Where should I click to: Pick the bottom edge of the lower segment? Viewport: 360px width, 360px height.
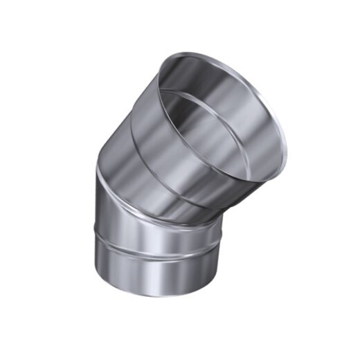156,296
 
